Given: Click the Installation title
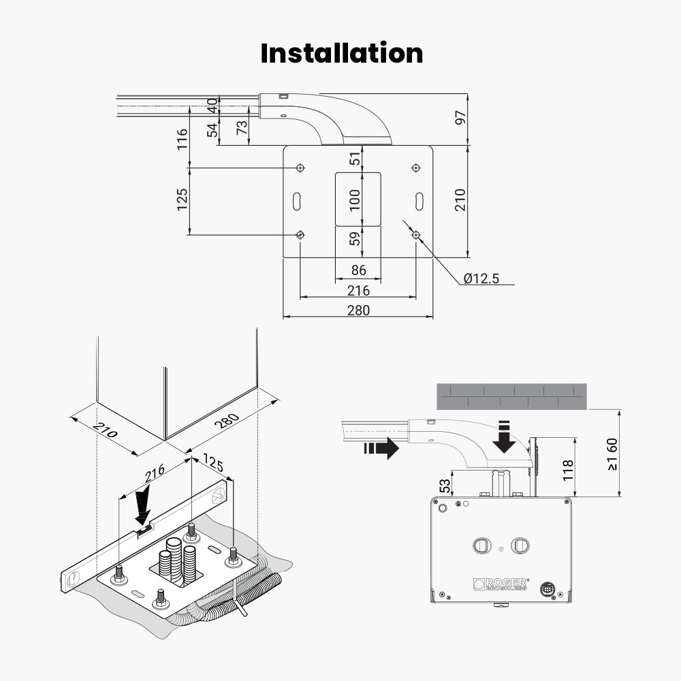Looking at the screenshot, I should (x=341, y=54).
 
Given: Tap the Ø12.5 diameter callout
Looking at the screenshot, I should (x=481, y=278).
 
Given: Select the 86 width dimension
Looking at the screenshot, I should (x=358, y=270).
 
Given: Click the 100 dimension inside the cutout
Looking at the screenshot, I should (x=354, y=199).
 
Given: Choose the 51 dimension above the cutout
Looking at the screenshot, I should (x=354, y=159).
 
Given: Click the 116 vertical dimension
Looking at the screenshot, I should (x=183, y=140).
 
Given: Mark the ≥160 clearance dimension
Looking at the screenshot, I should (x=612, y=454).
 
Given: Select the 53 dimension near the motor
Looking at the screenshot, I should (x=445, y=486).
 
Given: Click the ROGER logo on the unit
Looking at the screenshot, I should (x=501, y=584).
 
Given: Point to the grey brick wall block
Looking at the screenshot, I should (x=511, y=396).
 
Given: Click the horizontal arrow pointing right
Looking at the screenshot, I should (x=381, y=447).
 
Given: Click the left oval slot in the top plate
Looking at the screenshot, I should (x=297, y=201).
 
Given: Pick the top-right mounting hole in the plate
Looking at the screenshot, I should (x=416, y=168).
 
